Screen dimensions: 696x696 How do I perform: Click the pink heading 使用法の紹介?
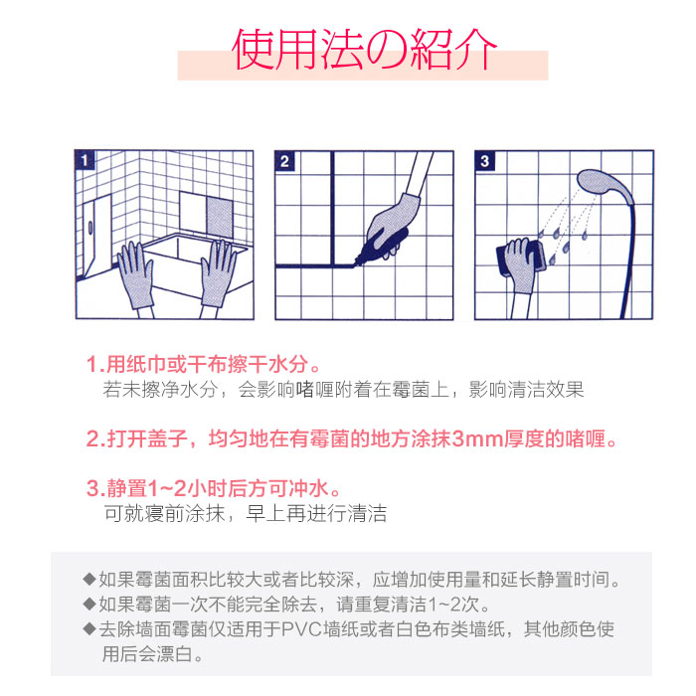pyautogui.click(x=364, y=50)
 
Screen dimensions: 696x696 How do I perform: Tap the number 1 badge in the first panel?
pyautogui.click(x=85, y=160)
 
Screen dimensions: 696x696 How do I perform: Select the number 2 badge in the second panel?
pyautogui.click(x=284, y=161)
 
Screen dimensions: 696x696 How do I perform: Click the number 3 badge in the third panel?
pyautogui.click(x=485, y=161)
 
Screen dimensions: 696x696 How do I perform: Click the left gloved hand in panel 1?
pyautogui.click(x=136, y=275)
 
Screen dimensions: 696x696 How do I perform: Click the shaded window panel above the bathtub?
pyautogui.click(x=220, y=219)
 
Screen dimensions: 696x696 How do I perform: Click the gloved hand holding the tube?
pyautogui.click(x=393, y=227)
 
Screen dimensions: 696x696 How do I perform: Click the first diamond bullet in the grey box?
pyautogui.click(x=89, y=579)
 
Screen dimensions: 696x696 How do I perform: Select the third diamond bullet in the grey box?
pyautogui.click(x=89, y=628)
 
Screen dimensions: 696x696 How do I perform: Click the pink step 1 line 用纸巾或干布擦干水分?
pyautogui.click(x=203, y=365)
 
